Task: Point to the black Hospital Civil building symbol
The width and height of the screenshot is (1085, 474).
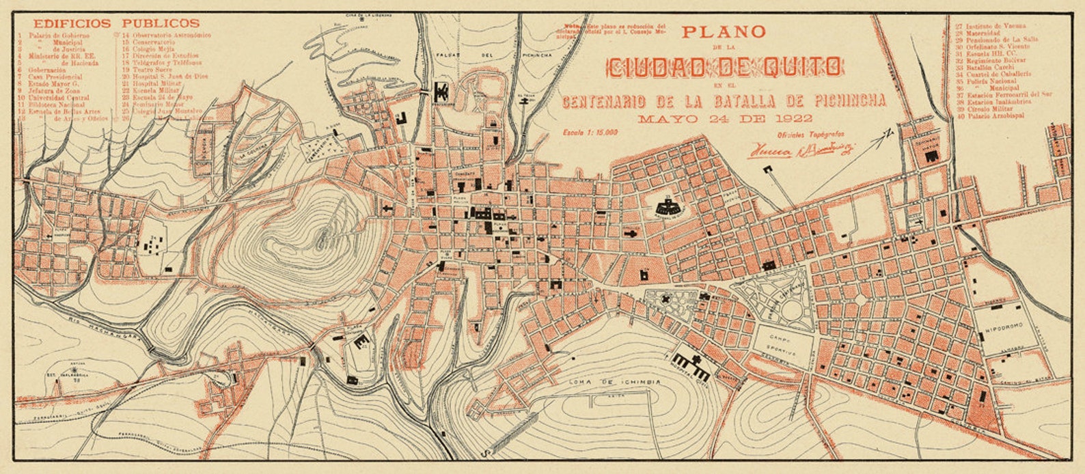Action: click(x=693, y=368)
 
